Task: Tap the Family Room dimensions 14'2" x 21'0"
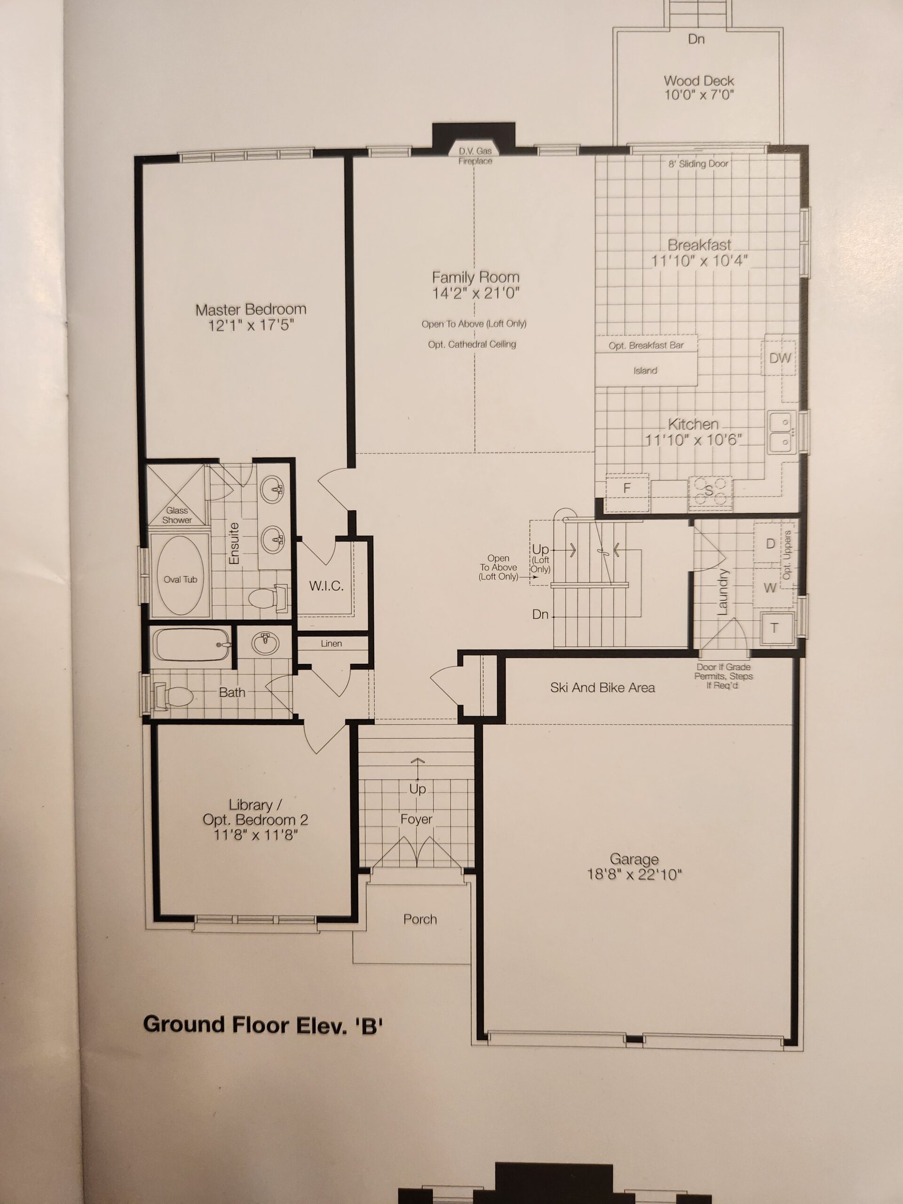(x=476, y=293)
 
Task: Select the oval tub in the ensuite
(x=180, y=575)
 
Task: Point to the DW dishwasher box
(x=780, y=357)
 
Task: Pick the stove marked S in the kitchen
(x=710, y=491)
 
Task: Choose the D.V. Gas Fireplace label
(x=475, y=156)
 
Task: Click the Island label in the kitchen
(x=645, y=371)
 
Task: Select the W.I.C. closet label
(x=326, y=586)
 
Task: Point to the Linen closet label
(x=332, y=643)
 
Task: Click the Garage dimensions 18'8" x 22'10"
(x=634, y=875)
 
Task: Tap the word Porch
(x=420, y=919)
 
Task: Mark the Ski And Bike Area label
(x=602, y=688)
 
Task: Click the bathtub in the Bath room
(x=191, y=644)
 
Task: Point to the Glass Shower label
(x=177, y=515)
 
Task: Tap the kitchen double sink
(x=782, y=433)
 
